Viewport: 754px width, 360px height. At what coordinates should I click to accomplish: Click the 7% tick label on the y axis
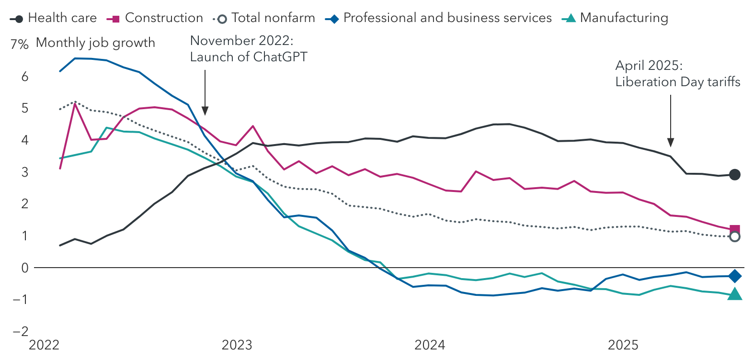click(20, 44)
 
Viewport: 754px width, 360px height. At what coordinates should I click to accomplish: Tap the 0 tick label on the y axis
click(25, 268)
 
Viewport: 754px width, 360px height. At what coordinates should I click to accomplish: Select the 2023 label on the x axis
click(237, 345)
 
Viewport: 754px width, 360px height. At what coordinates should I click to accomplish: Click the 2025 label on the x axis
click(623, 345)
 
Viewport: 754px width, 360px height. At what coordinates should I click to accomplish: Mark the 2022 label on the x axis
click(44, 345)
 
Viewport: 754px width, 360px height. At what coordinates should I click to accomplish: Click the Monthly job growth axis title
click(95, 43)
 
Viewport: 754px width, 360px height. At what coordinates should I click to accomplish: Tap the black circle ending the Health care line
click(734, 175)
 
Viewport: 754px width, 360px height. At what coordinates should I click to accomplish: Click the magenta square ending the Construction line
click(734, 230)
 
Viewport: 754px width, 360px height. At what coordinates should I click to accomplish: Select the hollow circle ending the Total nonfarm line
click(734, 236)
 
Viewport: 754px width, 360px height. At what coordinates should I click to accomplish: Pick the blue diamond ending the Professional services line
click(734, 276)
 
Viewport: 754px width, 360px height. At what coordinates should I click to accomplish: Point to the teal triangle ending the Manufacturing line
click(734, 294)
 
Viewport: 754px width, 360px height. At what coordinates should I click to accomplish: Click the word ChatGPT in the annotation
click(280, 57)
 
